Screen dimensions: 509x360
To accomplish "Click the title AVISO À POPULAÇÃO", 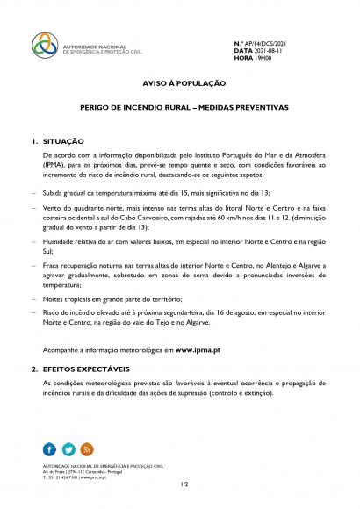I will pyautogui.click(x=179, y=83).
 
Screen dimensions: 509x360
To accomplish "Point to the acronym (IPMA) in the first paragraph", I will pyautogui.click(x=54, y=162).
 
